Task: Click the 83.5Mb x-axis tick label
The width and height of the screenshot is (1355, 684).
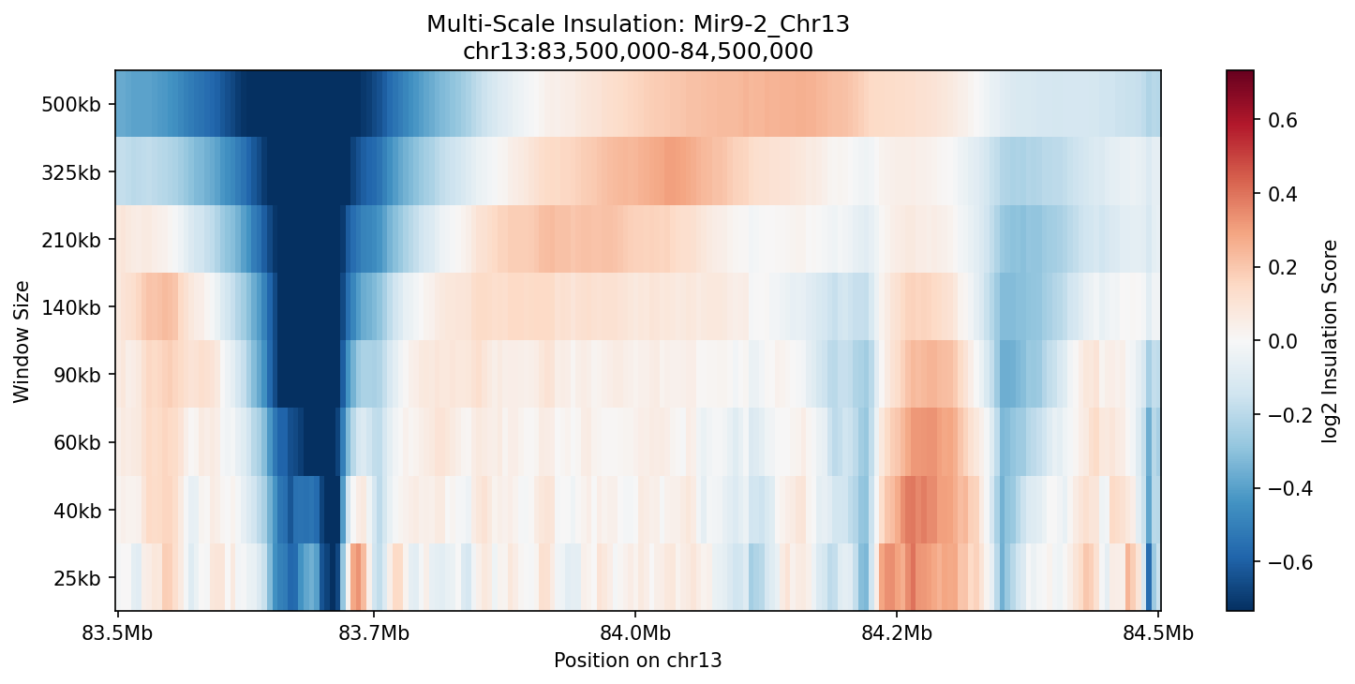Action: [117, 632]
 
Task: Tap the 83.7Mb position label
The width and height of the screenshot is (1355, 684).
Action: [374, 632]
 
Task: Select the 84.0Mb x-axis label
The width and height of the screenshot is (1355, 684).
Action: [635, 632]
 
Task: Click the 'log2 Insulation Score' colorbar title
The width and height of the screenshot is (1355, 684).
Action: [1330, 341]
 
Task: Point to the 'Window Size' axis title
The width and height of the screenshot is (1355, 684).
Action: [22, 341]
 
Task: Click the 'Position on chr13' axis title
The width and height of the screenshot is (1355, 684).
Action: [637, 661]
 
